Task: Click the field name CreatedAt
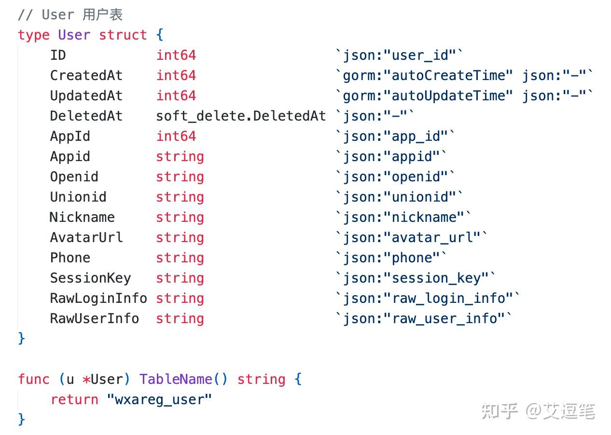point(86,76)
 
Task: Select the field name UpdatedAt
point(86,96)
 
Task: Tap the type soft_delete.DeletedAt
point(241,116)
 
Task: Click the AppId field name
point(70,136)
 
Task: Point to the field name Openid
point(74,177)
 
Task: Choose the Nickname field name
point(82,217)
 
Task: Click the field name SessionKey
point(91,278)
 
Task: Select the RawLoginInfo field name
point(98,299)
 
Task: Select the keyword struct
point(123,35)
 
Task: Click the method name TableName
point(176,379)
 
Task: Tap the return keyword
point(74,400)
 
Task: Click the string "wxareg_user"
point(159,400)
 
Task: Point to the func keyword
point(34,379)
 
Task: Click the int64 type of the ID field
point(176,55)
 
